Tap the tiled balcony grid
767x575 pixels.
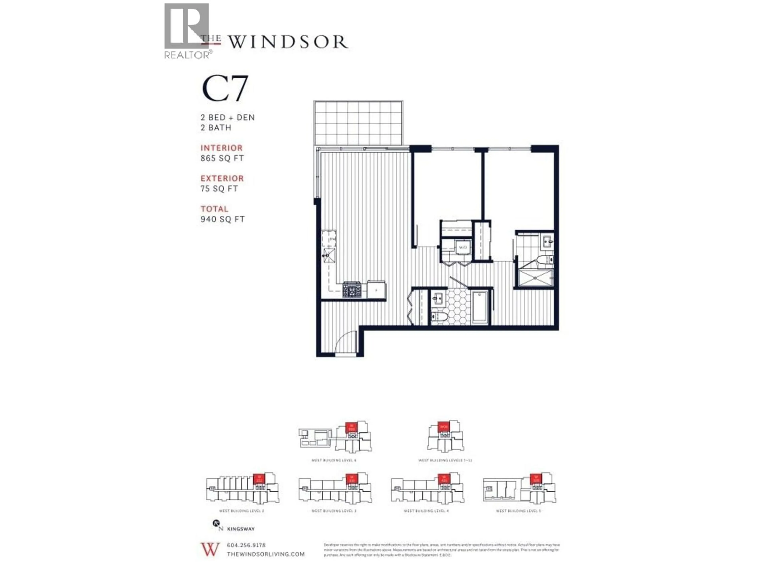pos(358,123)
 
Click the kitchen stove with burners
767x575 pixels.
pos(352,289)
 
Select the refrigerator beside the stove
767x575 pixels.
pos(376,290)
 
